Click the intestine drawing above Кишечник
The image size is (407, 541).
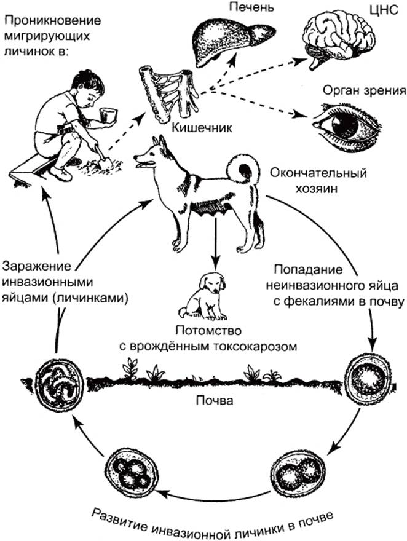point(169,92)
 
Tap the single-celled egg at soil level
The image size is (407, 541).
point(369,379)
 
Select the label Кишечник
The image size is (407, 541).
point(202,128)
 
